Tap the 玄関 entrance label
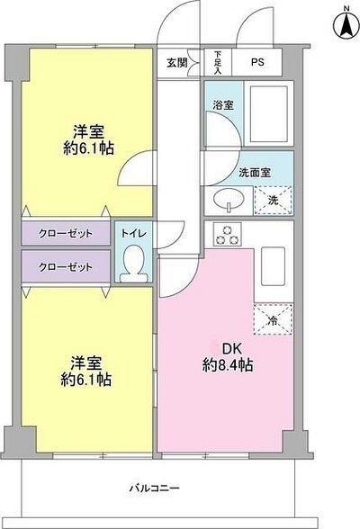tap(176, 63)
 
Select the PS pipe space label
tap(257, 63)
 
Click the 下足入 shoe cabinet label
tap(218, 63)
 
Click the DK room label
tap(227, 349)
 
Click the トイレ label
tap(131, 233)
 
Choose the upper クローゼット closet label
tap(65, 233)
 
